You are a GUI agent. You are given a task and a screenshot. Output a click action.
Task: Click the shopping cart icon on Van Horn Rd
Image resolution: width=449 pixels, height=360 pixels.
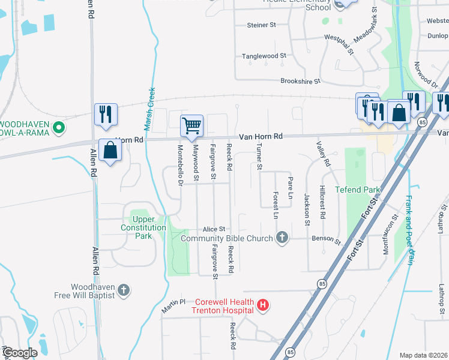191,126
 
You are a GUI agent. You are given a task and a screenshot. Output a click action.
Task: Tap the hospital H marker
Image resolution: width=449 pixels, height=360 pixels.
262,306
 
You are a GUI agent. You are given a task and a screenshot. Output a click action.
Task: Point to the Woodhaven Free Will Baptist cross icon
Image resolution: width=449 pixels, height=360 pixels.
124,291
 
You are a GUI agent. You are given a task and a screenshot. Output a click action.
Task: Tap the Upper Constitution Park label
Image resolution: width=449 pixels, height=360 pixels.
143,227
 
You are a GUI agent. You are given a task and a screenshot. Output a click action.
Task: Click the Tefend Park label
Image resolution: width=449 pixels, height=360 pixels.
358,190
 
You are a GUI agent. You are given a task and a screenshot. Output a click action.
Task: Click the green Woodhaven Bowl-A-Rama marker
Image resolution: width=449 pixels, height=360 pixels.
59,127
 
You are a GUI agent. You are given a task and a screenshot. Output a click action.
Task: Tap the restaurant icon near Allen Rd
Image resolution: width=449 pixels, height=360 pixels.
106,114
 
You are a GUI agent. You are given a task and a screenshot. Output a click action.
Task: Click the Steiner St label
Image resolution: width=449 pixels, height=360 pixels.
261,25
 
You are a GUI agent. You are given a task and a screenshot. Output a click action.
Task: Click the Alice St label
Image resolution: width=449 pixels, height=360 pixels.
214,229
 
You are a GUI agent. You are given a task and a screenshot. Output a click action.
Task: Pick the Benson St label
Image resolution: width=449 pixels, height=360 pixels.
326,240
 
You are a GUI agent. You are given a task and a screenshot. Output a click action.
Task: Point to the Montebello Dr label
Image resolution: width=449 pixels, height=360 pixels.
179,164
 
